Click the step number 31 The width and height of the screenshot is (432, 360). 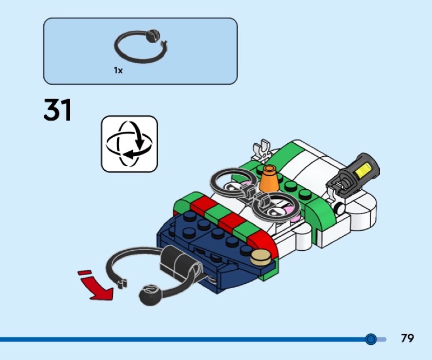point(57,110)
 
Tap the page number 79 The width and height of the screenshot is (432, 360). point(407,338)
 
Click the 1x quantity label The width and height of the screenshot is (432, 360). point(118,70)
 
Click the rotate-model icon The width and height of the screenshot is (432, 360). point(130,144)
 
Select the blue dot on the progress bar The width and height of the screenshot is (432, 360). point(370,339)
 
